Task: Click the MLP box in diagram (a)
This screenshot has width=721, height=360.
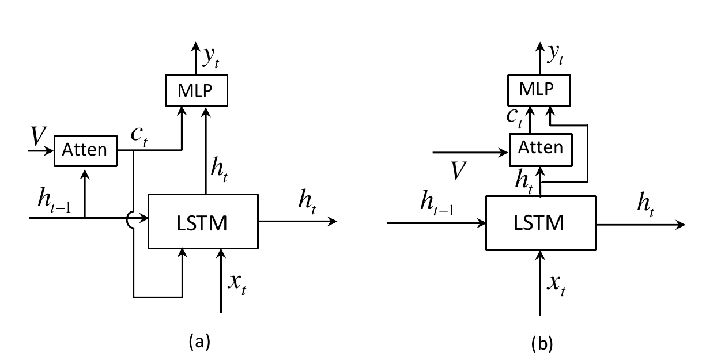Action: click(198, 90)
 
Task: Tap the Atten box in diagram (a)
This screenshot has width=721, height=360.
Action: click(85, 150)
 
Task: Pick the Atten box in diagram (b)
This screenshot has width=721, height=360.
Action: click(541, 147)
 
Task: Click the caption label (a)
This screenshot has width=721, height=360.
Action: click(199, 342)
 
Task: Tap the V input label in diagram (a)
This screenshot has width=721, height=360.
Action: click(39, 137)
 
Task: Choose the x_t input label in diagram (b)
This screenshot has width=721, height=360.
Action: click(556, 284)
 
